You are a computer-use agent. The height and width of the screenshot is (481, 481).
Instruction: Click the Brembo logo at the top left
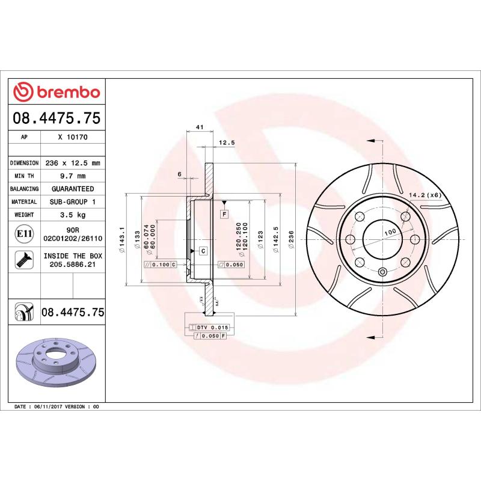click(x=57, y=92)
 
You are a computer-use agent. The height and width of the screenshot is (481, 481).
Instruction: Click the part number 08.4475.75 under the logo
click(x=57, y=118)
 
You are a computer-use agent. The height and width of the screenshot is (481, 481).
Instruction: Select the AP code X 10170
click(x=73, y=137)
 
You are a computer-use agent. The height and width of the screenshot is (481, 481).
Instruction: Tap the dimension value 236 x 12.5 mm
click(x=73, y=163)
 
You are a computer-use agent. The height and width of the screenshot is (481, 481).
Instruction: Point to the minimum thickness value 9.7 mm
click(x=73, y=176)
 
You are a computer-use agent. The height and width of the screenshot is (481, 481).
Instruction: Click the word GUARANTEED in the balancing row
click(x=73, y=189)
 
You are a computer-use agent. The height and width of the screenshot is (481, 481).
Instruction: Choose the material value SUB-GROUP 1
click(x=73, y=202)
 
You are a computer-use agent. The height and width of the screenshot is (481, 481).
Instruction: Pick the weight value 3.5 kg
click(x=73, y=215)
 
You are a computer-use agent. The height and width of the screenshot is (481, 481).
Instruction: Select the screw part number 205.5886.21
click(x=73, y=264)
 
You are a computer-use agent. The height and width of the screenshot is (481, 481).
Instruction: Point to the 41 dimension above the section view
click(x=198, y=127)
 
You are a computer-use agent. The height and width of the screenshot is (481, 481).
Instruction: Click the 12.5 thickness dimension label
click(x=226, y=143)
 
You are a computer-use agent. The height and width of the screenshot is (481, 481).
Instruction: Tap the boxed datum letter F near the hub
click(x=224, y=214)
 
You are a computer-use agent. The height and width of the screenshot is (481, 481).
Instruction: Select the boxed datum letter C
click(x=203, y=250)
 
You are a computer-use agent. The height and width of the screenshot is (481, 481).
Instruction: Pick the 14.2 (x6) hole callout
click(x=425, y=195)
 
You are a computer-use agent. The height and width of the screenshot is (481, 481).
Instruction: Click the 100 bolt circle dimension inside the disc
click(x=390, y=231)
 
